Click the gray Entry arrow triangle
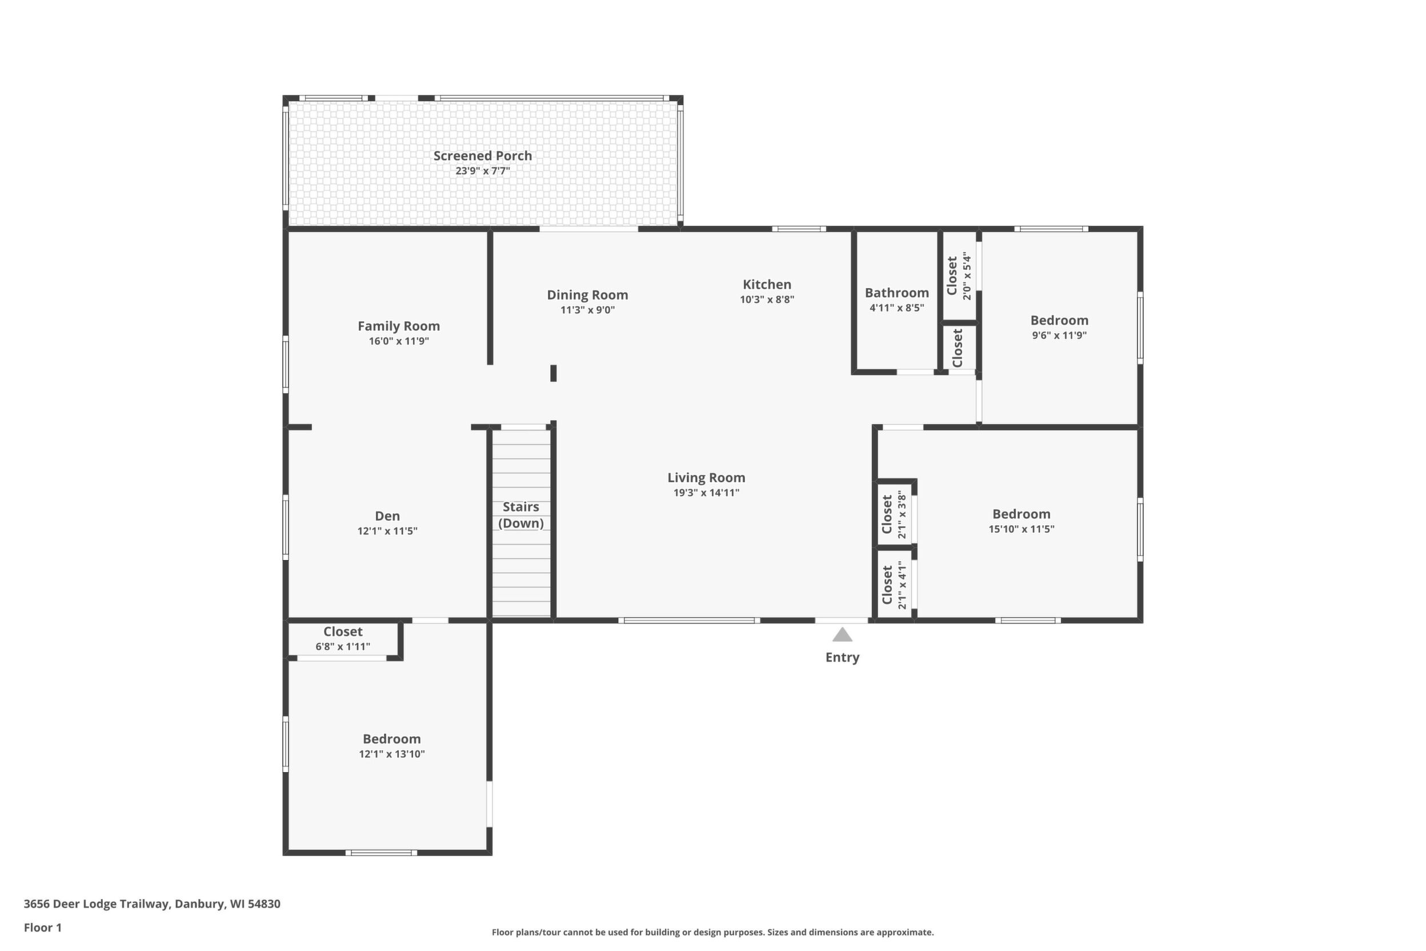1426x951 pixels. click(842, 635)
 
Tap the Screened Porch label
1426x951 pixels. click(483, 156)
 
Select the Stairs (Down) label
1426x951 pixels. click(521, 515)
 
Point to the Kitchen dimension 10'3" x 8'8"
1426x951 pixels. click(767, 299)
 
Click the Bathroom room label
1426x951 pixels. click(897, 293)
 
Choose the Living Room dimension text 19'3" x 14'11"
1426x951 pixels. click(706, 493)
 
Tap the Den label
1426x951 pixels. click(387, 516)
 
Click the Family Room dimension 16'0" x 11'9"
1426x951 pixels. click(399, 341)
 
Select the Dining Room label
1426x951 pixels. click(587, 295)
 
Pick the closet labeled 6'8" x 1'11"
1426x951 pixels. click(343, 638)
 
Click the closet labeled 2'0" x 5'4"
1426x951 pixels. click(959, 276)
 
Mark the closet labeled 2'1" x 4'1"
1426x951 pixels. click(895, 585)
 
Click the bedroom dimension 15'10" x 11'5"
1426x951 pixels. click(1022, 529)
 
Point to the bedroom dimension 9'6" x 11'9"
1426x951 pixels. click(1059, 335)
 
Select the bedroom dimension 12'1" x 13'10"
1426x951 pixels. click(392, 754)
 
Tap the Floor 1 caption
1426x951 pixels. click(42, 928)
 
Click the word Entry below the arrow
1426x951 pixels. click(842, 657)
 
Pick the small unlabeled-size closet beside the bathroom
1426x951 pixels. click(959, 347)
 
